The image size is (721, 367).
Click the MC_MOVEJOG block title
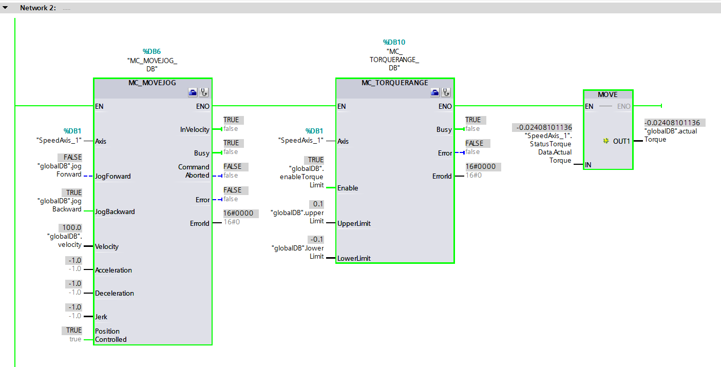tap(153, 83)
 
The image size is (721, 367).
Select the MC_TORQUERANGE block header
tap(394, 83)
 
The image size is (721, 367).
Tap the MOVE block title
tap(608, 94)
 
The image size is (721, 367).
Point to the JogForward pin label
tap(113, 176)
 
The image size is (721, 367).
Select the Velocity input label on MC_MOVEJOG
tap(107, 246)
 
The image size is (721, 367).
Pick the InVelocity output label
tap(195, 129)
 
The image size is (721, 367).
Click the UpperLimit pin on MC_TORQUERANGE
tap(354, 223)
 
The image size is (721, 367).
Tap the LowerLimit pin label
tap(354, 258)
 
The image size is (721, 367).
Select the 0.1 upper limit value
tap(318, 204)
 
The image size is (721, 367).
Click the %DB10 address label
tap(394, 42)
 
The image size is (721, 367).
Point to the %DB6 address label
tap(152, 51)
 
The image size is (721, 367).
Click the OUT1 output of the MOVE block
tap(621, 141)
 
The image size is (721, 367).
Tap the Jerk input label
tap(101, 317)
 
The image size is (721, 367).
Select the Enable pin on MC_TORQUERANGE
tap(348, 188)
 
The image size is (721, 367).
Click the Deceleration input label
tap(115, 293)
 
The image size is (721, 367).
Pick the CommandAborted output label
tap(194, 171)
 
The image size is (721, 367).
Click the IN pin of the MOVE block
tap(589, 165)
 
